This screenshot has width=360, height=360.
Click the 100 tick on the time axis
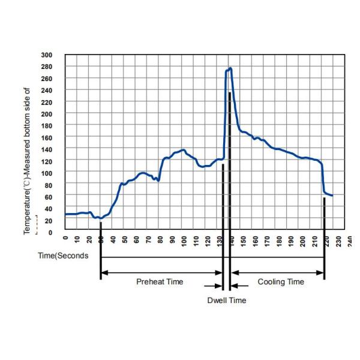tap(184, 241)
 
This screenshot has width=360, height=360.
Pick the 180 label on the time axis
tap(278, 241)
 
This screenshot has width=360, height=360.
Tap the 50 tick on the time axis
tap(124, 240)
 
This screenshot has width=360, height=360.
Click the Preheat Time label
tap(160, 281)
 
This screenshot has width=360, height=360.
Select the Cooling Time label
tap(281, 281)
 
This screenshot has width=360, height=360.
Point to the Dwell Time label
tap(226, 300)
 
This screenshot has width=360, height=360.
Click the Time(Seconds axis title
tap(64, 256)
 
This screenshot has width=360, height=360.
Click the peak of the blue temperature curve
tap(230, 68)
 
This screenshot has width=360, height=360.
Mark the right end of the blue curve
tap(332, 196)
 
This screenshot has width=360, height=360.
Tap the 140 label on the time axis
tap(231, 241)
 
